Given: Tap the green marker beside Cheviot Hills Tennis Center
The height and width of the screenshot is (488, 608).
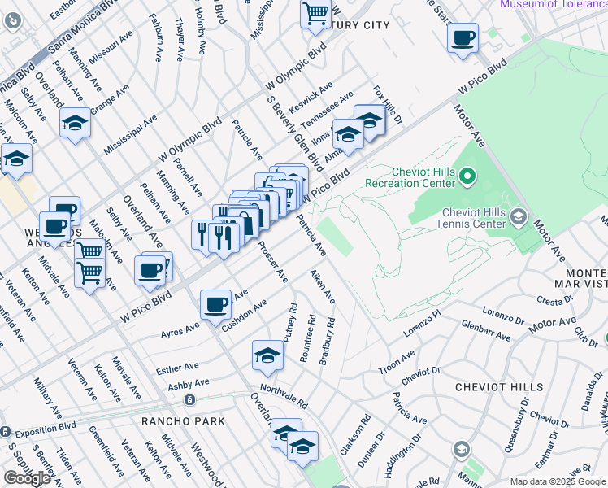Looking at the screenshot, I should tap(519, 217).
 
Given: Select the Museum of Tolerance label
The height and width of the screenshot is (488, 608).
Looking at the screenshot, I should tap(553, 4).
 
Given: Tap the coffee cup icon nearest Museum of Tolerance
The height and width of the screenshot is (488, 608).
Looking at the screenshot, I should tap(463, 37).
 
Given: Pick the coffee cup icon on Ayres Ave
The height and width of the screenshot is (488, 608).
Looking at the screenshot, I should tap(216, 304).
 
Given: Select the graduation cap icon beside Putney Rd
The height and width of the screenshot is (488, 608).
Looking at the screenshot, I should tap(267, 355).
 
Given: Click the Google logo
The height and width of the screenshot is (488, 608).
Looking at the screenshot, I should tap(27, 478).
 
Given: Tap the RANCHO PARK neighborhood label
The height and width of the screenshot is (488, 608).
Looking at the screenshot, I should tap(176, 421).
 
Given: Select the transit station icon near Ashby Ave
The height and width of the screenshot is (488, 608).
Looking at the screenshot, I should tap(189, 400).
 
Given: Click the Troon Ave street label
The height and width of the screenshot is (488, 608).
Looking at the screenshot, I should tap(397, 363).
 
